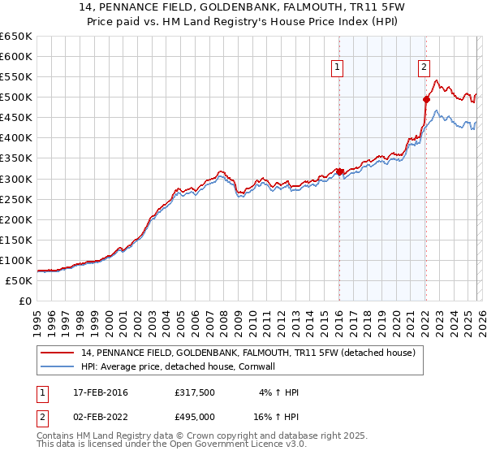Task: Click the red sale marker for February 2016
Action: (339, 171)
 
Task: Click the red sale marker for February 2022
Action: (425, 99)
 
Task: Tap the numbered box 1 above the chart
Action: (336, 68)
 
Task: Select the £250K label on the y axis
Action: (16, 199)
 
